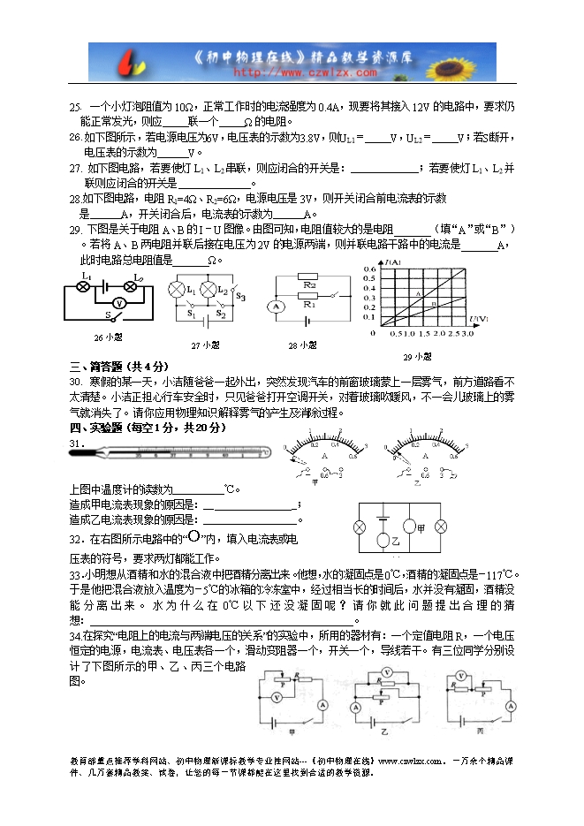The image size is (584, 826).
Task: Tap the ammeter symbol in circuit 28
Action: click(x=275, y=306)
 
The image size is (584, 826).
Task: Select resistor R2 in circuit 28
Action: click(x=308, y=285)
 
